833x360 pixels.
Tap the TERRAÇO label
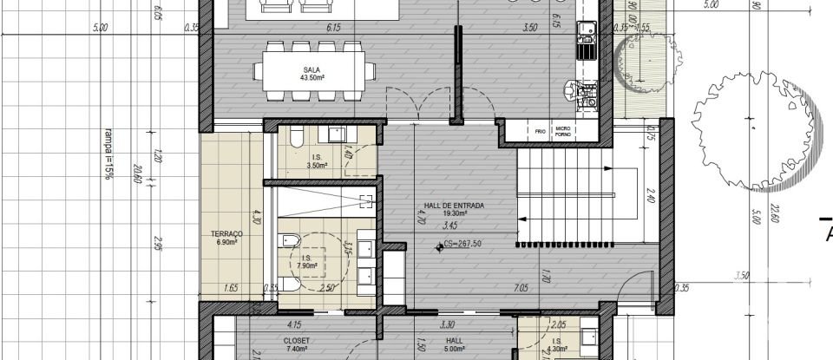[226, 239]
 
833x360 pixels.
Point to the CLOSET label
[297, 342]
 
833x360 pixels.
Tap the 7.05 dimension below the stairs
[521, 287]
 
